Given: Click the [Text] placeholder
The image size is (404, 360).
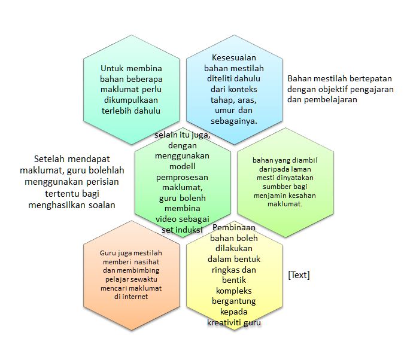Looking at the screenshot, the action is pyautogui.click(x=298, y=274).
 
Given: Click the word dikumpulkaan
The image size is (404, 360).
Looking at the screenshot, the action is pyautogui.click(x=130, y=100).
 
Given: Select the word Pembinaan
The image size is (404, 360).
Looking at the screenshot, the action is pyautogui.click(x=233, y=227).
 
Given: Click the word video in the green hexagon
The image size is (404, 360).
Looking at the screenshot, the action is pyautogui.click(x=170, y=218).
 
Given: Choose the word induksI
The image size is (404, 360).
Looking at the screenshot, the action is pyautogui.click(x=189, y=230).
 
